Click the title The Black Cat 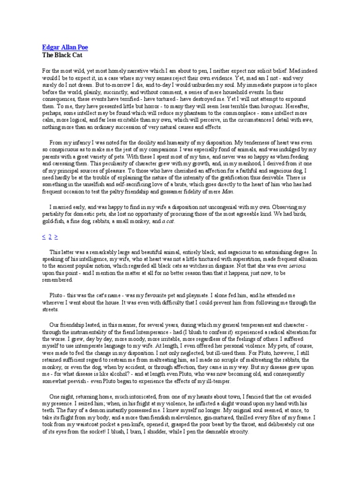58,54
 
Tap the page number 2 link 50,237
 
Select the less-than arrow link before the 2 44,237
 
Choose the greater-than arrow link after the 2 56,237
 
